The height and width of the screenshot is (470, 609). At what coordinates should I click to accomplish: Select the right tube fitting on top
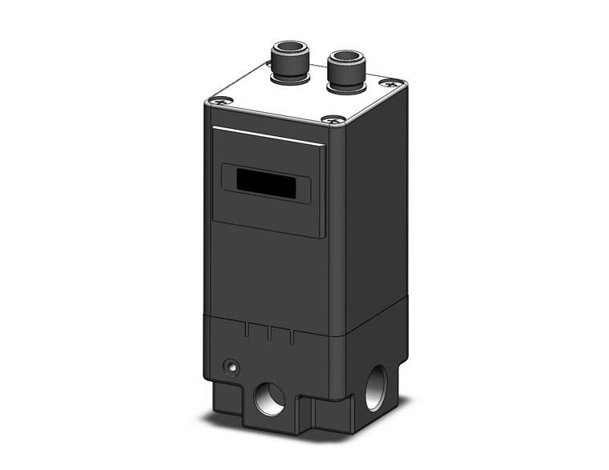pyautogui.click(x=345, y=68)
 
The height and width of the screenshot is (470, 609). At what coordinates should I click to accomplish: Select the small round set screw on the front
pyautogui.click(x=232, y=368)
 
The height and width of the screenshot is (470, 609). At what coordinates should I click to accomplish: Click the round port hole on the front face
pyautogui.click(x=268, y=398)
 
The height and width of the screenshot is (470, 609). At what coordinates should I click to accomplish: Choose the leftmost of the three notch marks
pyautogui.click(x=249, y=330)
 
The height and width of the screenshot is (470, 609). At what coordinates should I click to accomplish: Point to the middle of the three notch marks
pyautogui.click(x=271, y=334)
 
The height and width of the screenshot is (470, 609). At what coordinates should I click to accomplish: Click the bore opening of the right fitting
pyautogui.click(x=345, y=57)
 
